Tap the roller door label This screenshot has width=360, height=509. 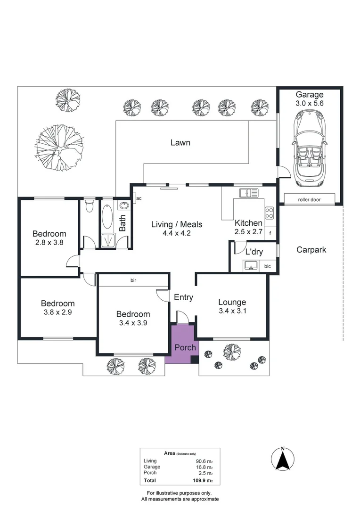tap(309, 199)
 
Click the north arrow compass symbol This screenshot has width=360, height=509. tap(282, 459)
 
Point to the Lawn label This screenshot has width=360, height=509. tap(180, 142)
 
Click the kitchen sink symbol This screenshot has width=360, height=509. tap(249, 192)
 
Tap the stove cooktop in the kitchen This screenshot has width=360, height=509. tap(270, 213)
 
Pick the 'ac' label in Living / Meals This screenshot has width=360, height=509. tap(139, 198)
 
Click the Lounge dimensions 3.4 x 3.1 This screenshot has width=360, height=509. tap(232, 311)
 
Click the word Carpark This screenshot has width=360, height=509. tap(311, 250)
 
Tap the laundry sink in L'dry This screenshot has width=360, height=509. tap(250, 265)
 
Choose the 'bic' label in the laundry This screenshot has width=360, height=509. tap(267, 266)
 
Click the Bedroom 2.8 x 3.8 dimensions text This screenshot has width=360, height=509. tap(49, 243)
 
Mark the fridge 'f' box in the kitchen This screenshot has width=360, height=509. tap(270, 233)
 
